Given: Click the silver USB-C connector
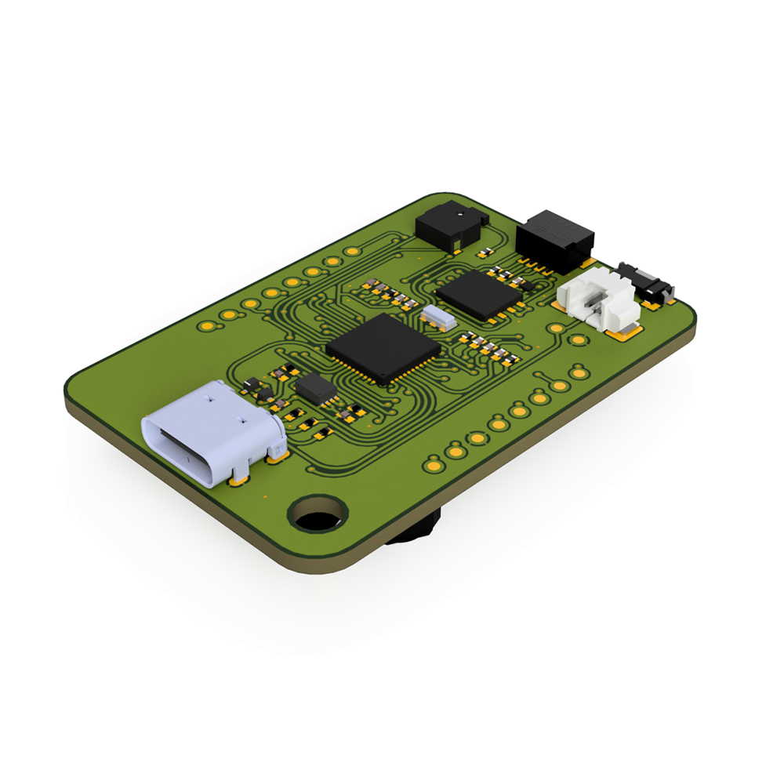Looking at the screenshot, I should [212, 431].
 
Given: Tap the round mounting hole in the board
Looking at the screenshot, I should [318, 514].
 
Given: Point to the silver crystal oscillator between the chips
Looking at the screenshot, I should [437, 317].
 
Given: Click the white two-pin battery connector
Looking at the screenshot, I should [597, 301].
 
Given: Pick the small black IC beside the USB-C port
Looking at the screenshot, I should [316, 389].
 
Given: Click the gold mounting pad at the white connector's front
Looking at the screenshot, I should [625, 336].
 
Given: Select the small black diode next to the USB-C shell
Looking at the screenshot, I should [252, 385].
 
